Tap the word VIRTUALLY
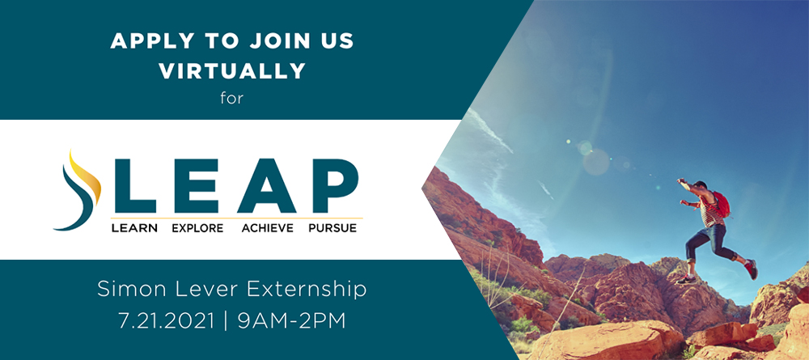(232, 70)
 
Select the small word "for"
(231, 98)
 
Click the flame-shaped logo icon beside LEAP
(78, 190)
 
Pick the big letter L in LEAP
(134, 186)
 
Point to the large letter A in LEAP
(266, 186)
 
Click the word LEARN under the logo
(134, 228)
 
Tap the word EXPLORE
(197, 228)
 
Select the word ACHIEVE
(267, 228)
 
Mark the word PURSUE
(332, 228)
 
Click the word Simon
(125, 290)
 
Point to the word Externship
(307, 290)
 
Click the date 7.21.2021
(166, 321)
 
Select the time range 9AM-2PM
(291, 321)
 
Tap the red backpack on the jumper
(721, 204)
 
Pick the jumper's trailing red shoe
(752, 269)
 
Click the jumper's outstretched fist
(680, 181)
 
